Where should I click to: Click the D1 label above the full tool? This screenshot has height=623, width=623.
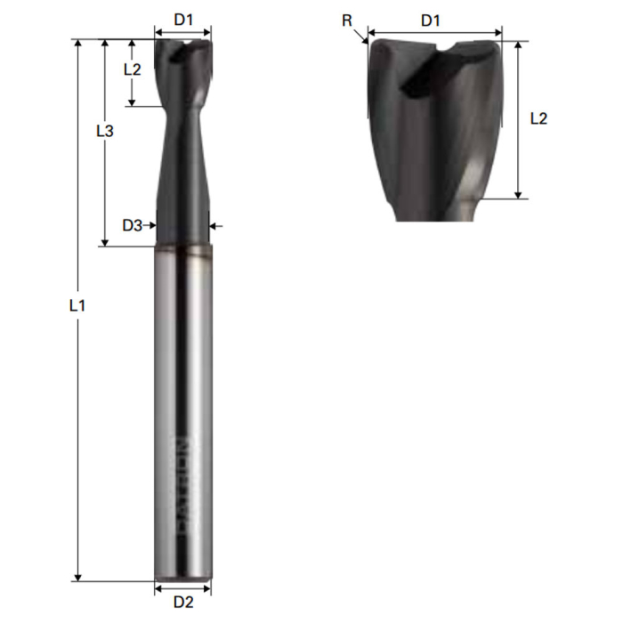(x=183, y=19)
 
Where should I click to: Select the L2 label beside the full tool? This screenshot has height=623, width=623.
(x=132, y=69)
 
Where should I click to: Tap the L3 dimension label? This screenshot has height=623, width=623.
(x=104, y=131)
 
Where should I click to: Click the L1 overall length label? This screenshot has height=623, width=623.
(x=77, y=304)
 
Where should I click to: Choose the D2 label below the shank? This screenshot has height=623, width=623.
(x=183, y=603)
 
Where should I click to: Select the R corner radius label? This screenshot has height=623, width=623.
(x=347, y=19)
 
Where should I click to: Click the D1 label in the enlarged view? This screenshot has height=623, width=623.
(x=432, y=19)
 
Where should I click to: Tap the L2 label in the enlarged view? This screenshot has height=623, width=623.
(x=538, y=118)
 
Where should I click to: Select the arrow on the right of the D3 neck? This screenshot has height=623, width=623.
(x=216, y=226)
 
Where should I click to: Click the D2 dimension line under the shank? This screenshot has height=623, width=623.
(x=183, y=587)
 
